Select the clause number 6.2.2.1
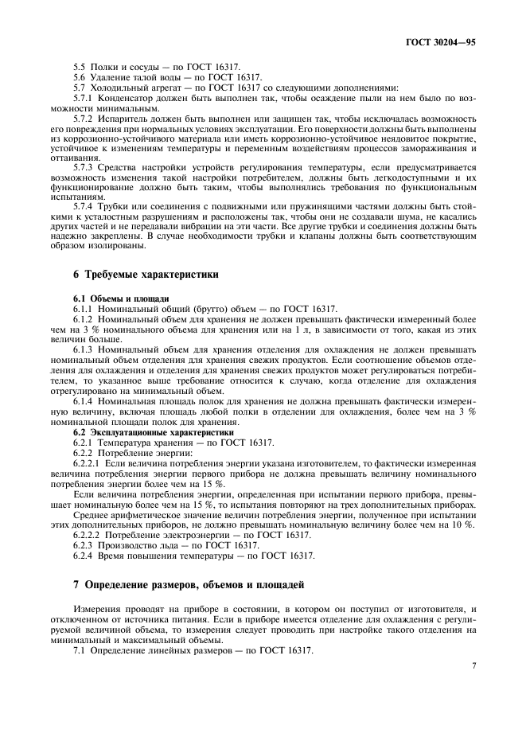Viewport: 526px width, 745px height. tap(88, 463)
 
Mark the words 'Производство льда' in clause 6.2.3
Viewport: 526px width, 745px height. tap(143, 545)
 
